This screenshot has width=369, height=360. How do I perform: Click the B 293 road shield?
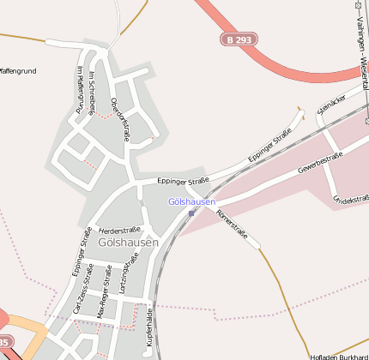click(x=238, y=39)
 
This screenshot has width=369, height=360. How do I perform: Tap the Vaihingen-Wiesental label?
click(x=358, y=52)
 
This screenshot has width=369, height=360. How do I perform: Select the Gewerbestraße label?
click(x=320, y=160)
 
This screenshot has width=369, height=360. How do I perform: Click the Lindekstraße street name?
click(x=350, y=201)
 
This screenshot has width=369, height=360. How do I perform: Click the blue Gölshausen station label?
click(x=191, y=201)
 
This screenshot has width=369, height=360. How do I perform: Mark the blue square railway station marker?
click(x=191, y=213)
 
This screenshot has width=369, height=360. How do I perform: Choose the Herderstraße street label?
click(x=119, y=231)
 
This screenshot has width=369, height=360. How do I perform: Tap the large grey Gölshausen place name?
click(x=129, y=243)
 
